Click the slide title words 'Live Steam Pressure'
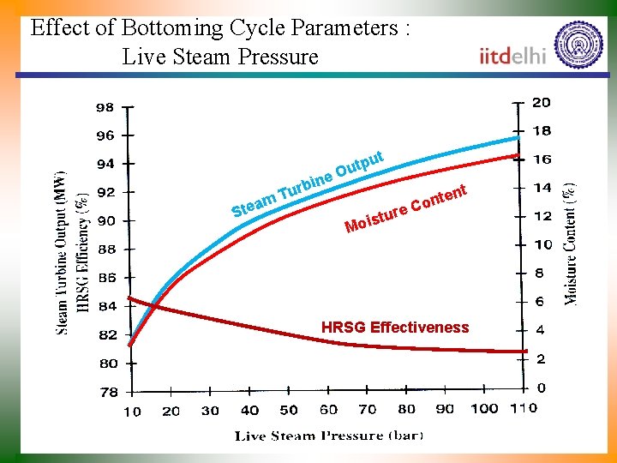pos(220,57)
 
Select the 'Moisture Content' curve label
pos(405,209)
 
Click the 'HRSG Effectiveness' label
pos(395,328)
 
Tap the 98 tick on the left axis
pos(105,108)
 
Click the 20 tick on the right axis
pos(541,102)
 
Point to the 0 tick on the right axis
pos(541,388)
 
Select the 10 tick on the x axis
pos(132,411)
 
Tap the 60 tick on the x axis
pos(328,410)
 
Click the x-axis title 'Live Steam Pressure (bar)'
pos(329,436)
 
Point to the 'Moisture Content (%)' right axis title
pos(571,242)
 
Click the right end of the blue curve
pos(518,137)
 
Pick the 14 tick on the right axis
pos(541,187)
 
